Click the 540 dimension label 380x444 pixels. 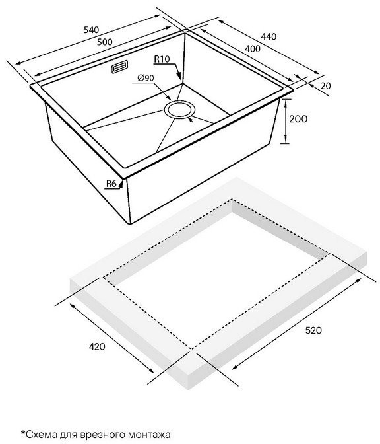[91, 30]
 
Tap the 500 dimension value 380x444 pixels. [105, 42]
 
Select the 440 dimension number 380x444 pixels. [269, 36]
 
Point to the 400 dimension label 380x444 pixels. [253, 49]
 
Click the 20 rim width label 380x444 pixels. [326, 86]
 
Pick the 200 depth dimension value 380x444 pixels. [298, 119]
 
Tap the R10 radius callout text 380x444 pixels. [162, 59]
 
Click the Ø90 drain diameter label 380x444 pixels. [146, 77]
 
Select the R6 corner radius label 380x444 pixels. [111, 184]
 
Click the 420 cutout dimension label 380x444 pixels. [97, 346]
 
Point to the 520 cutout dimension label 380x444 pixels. [313, 330]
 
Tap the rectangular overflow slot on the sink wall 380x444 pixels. [119, 67]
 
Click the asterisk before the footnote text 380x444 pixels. [23, 432]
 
